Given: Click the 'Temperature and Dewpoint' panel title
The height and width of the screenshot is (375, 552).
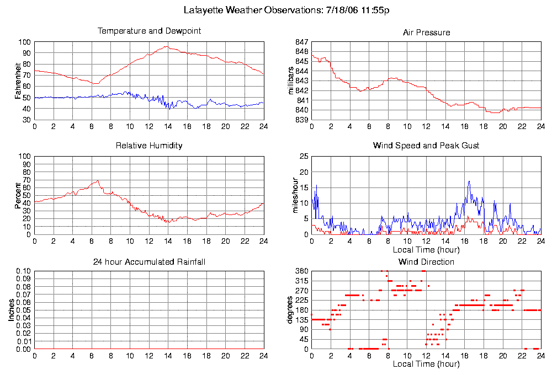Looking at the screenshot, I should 149,31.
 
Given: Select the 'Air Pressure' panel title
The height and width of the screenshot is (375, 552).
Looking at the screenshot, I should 426,33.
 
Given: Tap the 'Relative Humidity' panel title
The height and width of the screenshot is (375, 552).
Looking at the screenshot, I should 149,146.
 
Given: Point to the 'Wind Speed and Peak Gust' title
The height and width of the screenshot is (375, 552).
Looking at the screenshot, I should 426,146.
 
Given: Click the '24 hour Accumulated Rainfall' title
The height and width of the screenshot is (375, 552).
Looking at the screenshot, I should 149,261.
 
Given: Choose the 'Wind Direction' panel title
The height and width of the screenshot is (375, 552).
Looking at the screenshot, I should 426,261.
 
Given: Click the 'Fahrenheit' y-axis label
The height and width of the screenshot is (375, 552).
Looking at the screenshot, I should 18,81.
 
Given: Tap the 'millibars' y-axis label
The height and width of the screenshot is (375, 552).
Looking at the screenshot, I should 292,81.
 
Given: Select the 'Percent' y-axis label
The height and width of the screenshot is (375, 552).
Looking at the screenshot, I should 18,195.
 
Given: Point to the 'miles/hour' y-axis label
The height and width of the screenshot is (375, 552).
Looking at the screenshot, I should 292,195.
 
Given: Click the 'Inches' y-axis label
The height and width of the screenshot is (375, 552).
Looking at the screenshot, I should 11,310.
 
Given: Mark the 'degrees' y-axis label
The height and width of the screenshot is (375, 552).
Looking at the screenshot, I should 290,310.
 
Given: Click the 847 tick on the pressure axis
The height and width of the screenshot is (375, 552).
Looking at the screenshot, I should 301,42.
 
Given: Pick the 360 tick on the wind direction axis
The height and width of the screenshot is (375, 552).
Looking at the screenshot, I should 301,271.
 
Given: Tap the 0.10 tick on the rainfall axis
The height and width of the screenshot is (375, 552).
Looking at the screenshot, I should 24,271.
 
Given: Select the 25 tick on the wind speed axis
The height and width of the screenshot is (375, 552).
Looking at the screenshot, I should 303,157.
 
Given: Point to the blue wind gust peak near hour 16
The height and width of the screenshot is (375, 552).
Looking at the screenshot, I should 469,181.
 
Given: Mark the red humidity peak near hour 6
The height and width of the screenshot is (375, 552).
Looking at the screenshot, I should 98,180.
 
